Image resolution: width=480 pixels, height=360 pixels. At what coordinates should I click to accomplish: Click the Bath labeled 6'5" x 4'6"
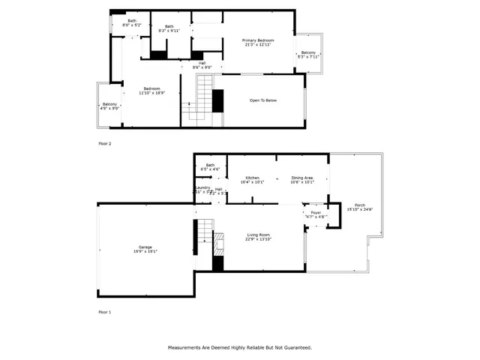[x=210, y=166]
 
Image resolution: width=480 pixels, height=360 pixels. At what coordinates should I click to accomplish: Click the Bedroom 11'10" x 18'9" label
[x=153, y=90]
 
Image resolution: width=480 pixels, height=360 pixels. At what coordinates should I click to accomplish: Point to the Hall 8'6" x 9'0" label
[x=202, y=64]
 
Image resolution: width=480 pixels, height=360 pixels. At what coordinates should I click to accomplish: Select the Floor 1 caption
[x=104, y=310]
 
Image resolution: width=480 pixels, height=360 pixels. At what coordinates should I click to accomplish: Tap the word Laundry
[x=202, y=188]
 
